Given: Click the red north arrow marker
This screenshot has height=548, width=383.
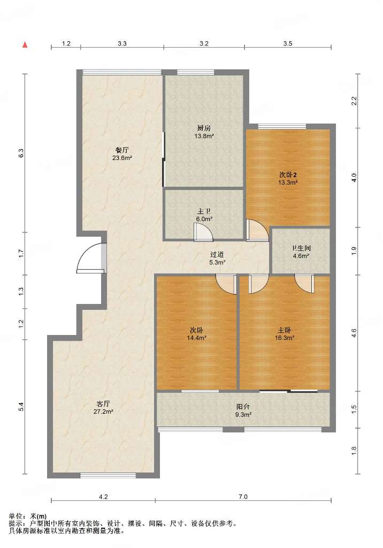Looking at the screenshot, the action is (x=25, y=44).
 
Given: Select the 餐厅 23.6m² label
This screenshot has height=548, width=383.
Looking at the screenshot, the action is (x=122, y=154).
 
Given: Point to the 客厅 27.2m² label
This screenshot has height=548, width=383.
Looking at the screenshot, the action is (x=103, y=408).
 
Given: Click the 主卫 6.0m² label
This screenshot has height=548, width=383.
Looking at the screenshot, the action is (x=204, y=215).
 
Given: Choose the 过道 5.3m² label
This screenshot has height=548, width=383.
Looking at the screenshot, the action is (x=217, y=258).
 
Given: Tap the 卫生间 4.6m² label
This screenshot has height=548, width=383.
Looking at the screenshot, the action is (x=301, y=252).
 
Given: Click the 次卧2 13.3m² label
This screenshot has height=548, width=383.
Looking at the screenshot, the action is (x=288, y=178).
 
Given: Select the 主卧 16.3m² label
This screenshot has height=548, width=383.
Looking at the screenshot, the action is (x=285, y=334).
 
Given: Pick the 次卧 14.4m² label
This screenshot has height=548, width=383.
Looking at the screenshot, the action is (x=196, y=334).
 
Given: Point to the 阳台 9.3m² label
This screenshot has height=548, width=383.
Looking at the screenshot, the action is (x=243, y=410).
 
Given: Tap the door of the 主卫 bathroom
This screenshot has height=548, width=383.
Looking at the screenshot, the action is (x=204, y=232).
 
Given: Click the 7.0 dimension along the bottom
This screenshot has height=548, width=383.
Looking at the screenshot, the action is (x=243, y=497).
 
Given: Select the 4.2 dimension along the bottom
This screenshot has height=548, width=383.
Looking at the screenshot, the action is (x=103, y=497).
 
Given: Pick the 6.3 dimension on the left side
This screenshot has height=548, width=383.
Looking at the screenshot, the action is (x=21, y=153).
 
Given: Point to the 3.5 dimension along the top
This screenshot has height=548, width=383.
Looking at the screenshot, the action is (x=288, y=44).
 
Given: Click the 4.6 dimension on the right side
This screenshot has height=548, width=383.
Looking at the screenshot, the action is (x=354, y=333).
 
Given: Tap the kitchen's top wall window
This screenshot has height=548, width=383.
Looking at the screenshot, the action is (x=195, y=72).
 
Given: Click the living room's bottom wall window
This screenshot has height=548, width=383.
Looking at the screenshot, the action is (x=108, y=475).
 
